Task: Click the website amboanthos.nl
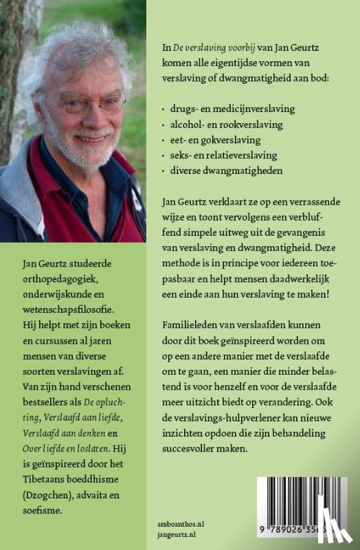[x=182, y=522]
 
